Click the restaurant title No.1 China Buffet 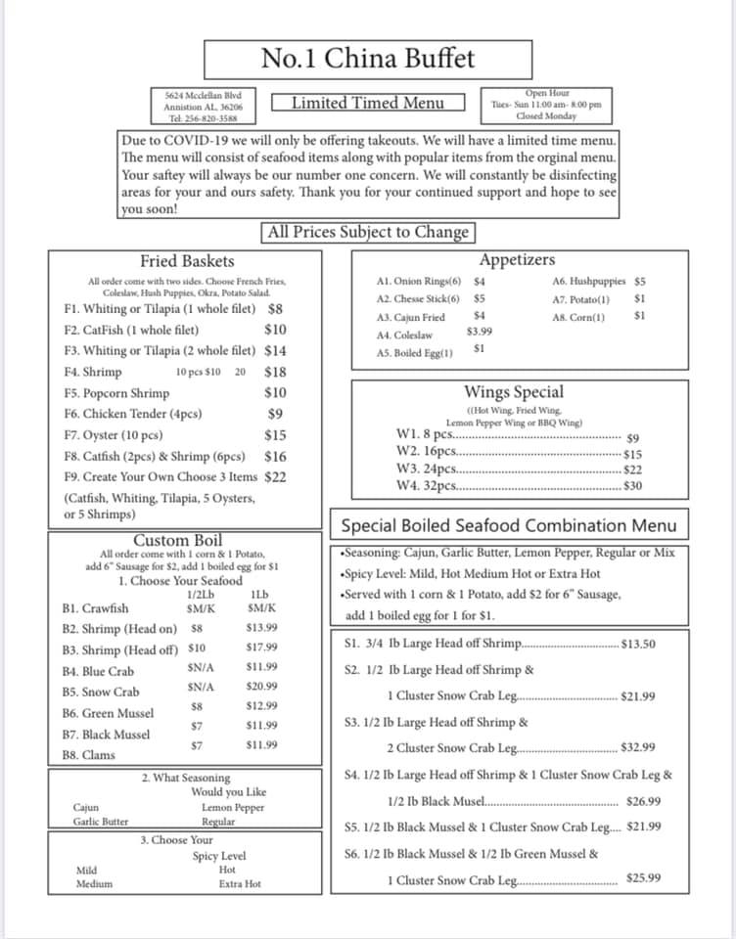click(x=368, y=59)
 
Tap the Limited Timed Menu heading click(x=368, y=103)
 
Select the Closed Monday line click(x=546, y=116)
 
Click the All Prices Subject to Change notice click(x=368, y=233)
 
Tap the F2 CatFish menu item click(x=131, y=330)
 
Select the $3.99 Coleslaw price click(x=480, y=332)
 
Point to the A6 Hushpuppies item click(x=589, y=281)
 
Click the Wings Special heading click(x=514, y=392)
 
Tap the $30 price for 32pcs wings click(x=632, y=486)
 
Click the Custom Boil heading click(x=177, y=540)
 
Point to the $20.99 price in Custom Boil click(x=262, y=687)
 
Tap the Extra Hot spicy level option click(x=240, y=884)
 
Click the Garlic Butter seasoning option click(x=100, y=822)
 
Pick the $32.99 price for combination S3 click(x=638, y=748)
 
